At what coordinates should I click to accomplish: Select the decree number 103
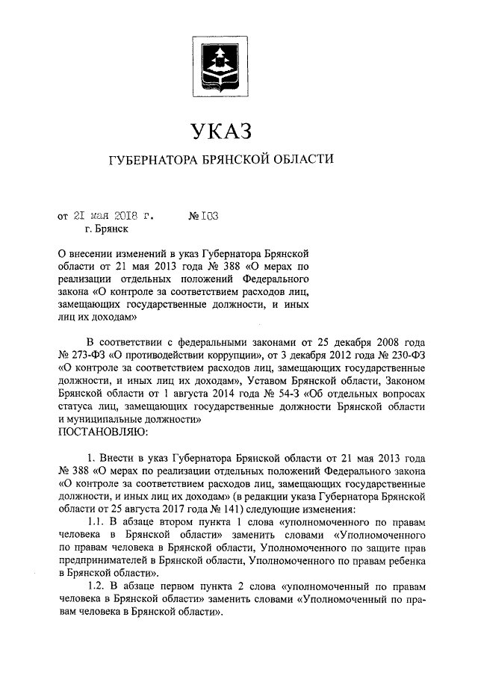pos(207,217)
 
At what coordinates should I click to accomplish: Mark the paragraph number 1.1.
pos(98,523)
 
